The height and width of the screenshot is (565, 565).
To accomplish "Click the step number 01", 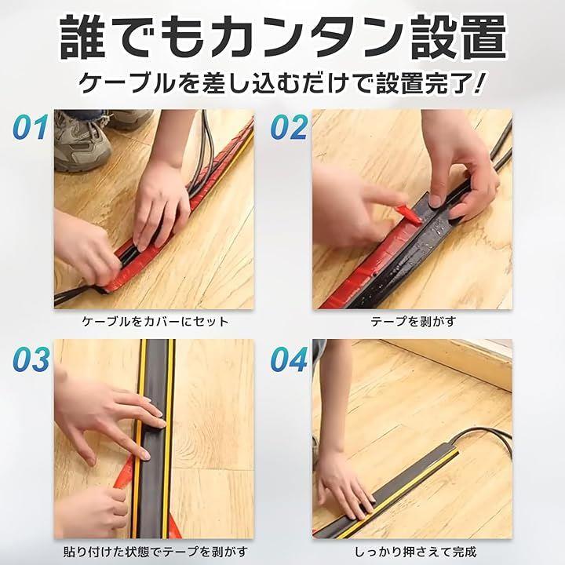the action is coord(31,127).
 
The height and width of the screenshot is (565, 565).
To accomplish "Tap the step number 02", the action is coord(289,127).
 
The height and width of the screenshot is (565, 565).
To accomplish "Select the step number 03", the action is coord(31,359).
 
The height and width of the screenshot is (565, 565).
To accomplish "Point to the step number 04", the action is coord(290,359).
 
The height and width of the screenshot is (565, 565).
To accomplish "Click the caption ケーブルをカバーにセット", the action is coord(155,322).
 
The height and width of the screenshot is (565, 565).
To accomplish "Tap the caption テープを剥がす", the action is coord(414,322).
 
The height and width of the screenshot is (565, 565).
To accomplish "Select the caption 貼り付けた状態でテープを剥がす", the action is coord(155,552).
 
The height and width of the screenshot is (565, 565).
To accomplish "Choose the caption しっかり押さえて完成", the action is coord(415,552).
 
